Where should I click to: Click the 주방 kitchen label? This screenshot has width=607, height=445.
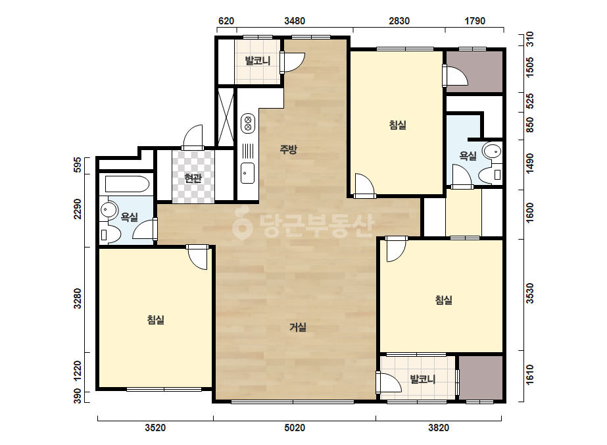pyautogui.click(x=289, y=149)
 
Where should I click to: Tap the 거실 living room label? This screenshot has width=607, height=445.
pyautogui.click(x=298, y=328)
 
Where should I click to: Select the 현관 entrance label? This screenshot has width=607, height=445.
pyautogui.click(x=193, y=178)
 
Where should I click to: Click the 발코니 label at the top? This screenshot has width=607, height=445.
pyautogui.click(x=257, y=61)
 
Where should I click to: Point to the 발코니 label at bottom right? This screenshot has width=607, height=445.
pyautogui.click(x=423, y=379)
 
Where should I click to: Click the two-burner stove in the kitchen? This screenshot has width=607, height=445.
pyautogui.click(x=248, y=123)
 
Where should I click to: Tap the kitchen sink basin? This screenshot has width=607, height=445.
pyautogui.click(x=248, y=173)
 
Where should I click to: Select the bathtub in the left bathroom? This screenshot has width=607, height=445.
pyautogui.click(x=127, y=184)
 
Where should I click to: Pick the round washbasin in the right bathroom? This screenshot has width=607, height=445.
pyautogui.click(x=493, y=151)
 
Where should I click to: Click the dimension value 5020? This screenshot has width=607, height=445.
pyautogui.click(x=295, y=428)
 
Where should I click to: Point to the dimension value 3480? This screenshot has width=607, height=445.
pyautogui.click(x=295, y=21)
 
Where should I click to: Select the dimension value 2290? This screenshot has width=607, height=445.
pyautogui.click(x=78, y=209)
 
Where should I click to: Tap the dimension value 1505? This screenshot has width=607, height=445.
pyautogui.click(x=530, y=66)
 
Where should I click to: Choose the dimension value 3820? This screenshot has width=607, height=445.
pyautogui.click(x=439, y=428)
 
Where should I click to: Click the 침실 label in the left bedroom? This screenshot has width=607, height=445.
pyautogui.click(x=156, y=320)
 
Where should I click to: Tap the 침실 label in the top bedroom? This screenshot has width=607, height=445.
pyautogui.click(x=398, y=125)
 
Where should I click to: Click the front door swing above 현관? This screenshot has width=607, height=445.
pyautogui.click(x=193, y=136)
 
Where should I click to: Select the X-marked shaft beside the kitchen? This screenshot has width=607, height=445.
pyautogui.click(x=226, y=117)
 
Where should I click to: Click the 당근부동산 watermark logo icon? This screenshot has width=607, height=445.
pyautogui.click(x=242, y=223)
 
